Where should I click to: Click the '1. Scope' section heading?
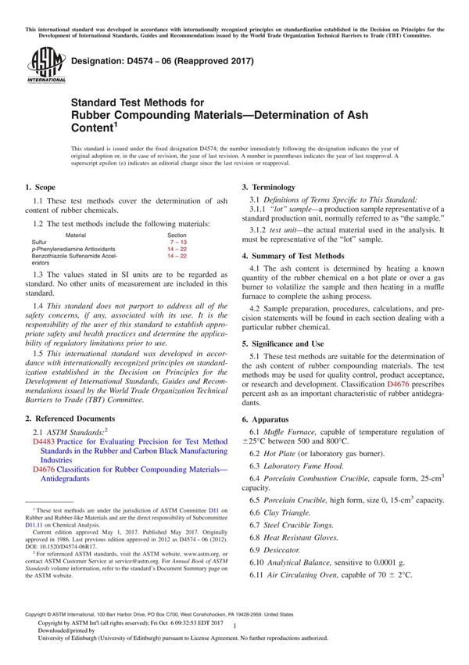coord(39,187)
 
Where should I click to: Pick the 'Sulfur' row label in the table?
coord(41,242)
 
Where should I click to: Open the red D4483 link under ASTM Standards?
coord(44,442)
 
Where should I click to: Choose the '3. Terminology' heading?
coord(268,188)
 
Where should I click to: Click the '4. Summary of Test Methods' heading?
coord(292,256)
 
